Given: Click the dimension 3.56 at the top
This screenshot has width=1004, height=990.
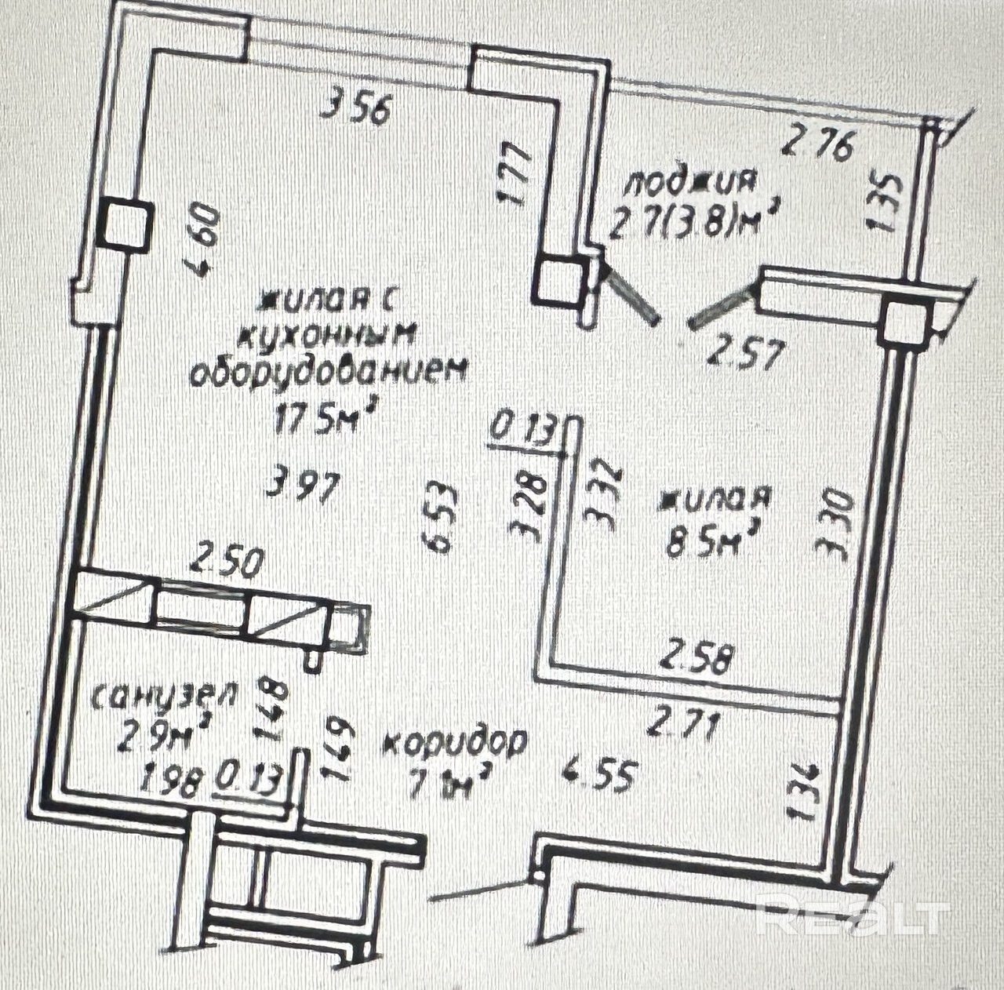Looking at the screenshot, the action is click(355, 108).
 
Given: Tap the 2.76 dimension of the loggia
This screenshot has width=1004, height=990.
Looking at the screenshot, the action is click(817, 144).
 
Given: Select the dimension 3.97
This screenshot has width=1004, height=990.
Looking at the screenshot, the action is click(303, 482).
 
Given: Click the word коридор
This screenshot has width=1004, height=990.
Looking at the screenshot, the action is click(455, 742).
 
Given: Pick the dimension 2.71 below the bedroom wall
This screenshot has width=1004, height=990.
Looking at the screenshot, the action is click(682, 726).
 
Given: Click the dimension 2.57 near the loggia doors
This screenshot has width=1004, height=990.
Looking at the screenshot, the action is click(744, 353).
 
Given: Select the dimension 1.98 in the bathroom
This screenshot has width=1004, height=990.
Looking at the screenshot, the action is click(170, 781).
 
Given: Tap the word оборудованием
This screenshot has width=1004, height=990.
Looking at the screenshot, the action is click(329, 371).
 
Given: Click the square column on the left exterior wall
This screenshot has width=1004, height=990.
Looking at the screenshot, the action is click(125, 226).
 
